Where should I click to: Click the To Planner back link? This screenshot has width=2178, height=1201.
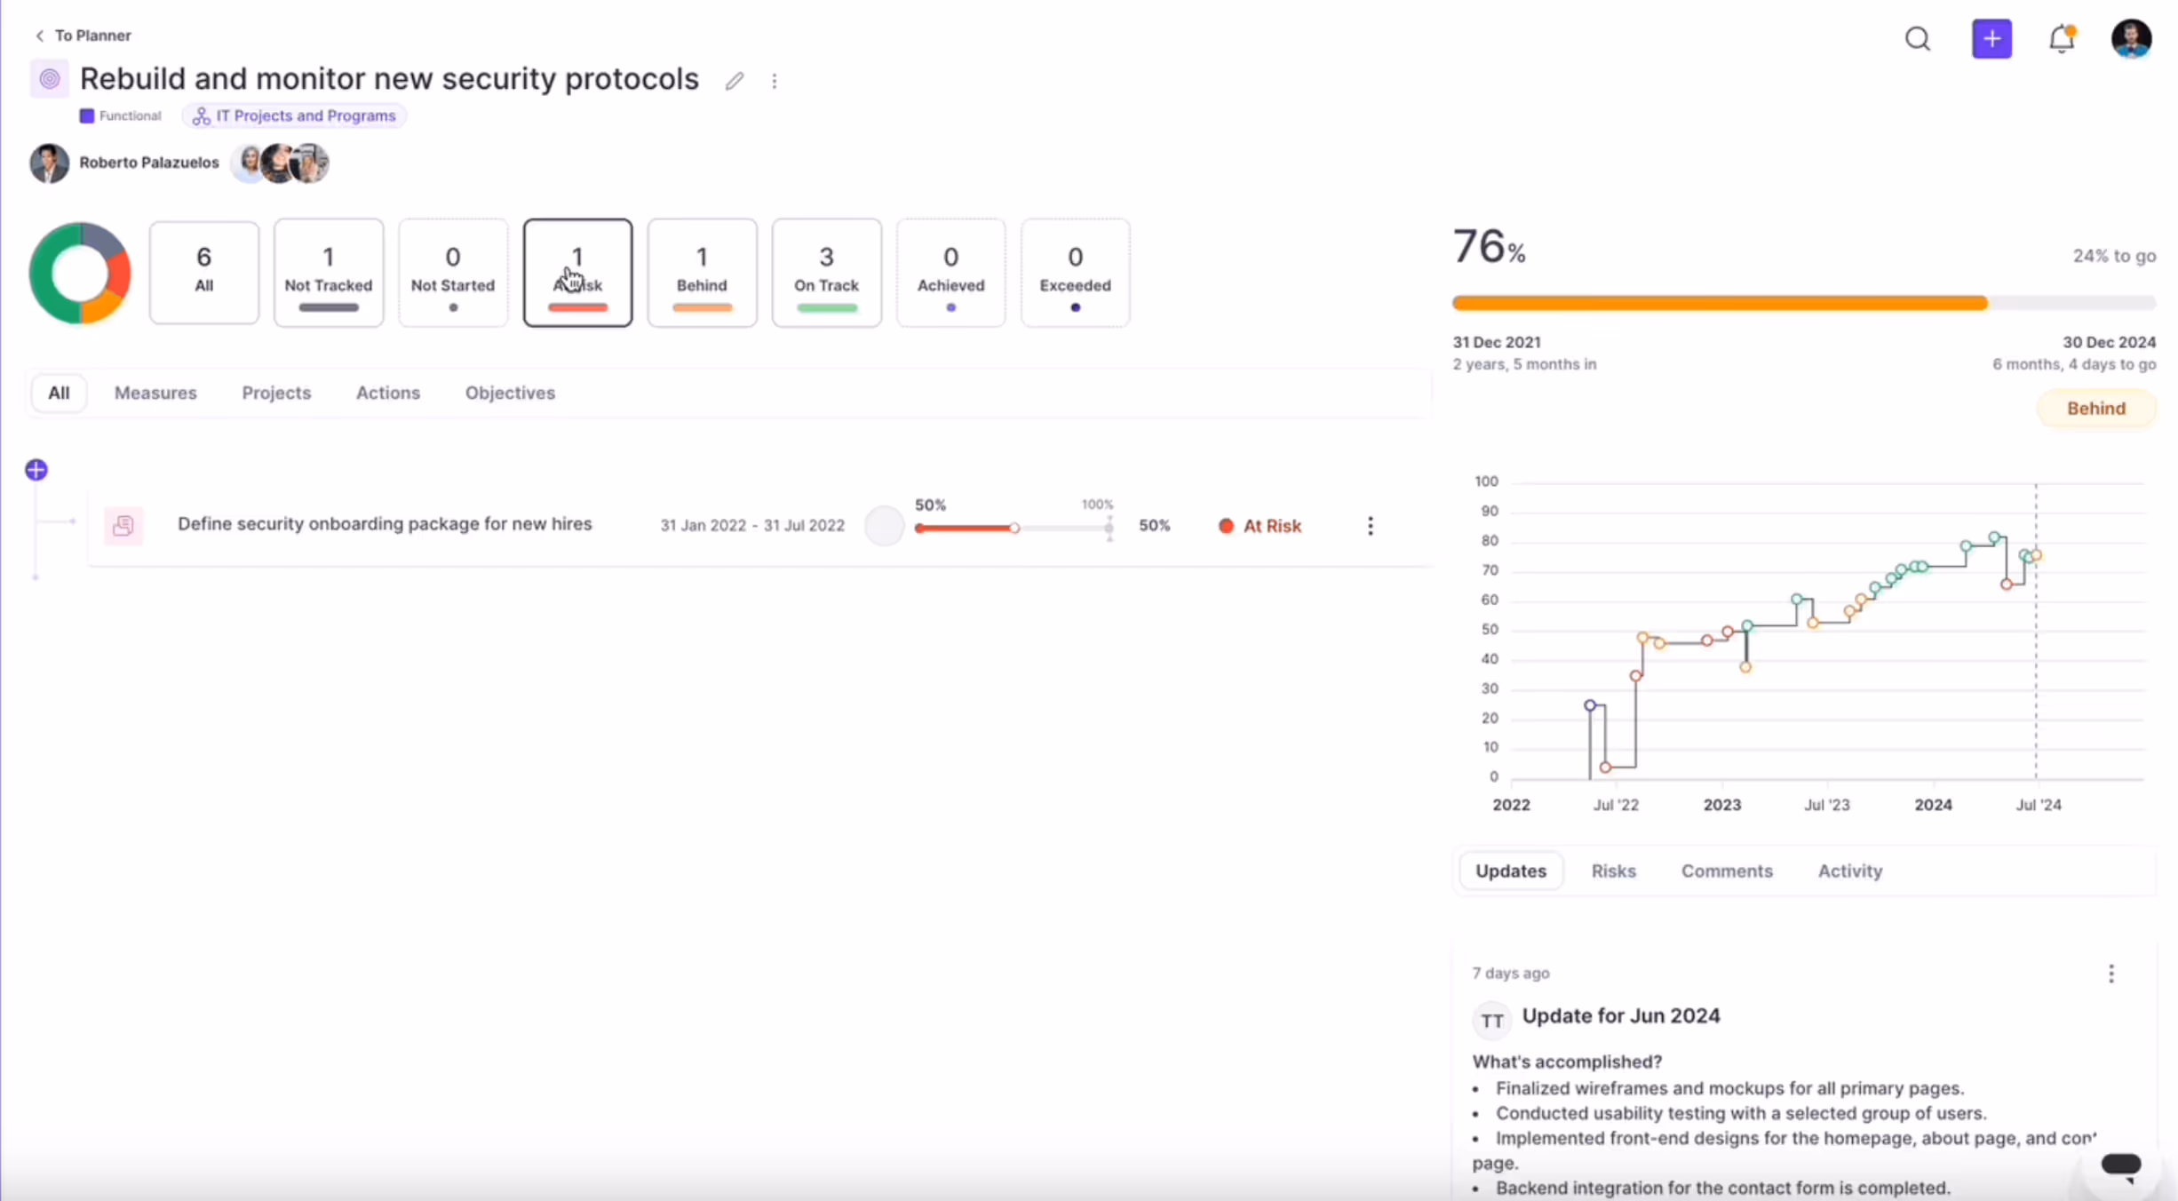pos(83,36)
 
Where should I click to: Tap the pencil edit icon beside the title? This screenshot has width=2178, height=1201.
pos(734,82)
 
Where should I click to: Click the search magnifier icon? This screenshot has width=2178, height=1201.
pos(1918,39)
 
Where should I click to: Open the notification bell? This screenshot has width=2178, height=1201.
pos(2061,39)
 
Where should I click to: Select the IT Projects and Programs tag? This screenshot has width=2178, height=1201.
pos(295,116)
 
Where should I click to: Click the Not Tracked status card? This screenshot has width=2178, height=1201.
pos(329,273)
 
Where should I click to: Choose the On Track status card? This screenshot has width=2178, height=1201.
pos(826,273)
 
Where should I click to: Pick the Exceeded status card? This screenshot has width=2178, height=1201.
pos(1075,273)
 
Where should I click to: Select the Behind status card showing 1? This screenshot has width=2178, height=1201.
pos(702,273)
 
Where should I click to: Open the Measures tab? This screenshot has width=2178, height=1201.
pos(155,393)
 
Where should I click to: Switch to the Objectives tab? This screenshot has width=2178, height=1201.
pos(510,393)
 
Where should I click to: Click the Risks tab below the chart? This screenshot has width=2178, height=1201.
pos(1613,871)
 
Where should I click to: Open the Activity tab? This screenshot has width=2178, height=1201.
pos(1849,871)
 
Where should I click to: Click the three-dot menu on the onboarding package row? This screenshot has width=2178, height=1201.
pos(1370,526)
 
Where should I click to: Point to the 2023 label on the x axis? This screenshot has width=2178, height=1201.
pos(1721,805)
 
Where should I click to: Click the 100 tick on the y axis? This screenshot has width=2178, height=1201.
pos(1486,481)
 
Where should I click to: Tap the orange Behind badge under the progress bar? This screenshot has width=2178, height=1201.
pos(2095,409)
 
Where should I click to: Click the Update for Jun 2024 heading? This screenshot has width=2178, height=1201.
pos(1620,1016)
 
